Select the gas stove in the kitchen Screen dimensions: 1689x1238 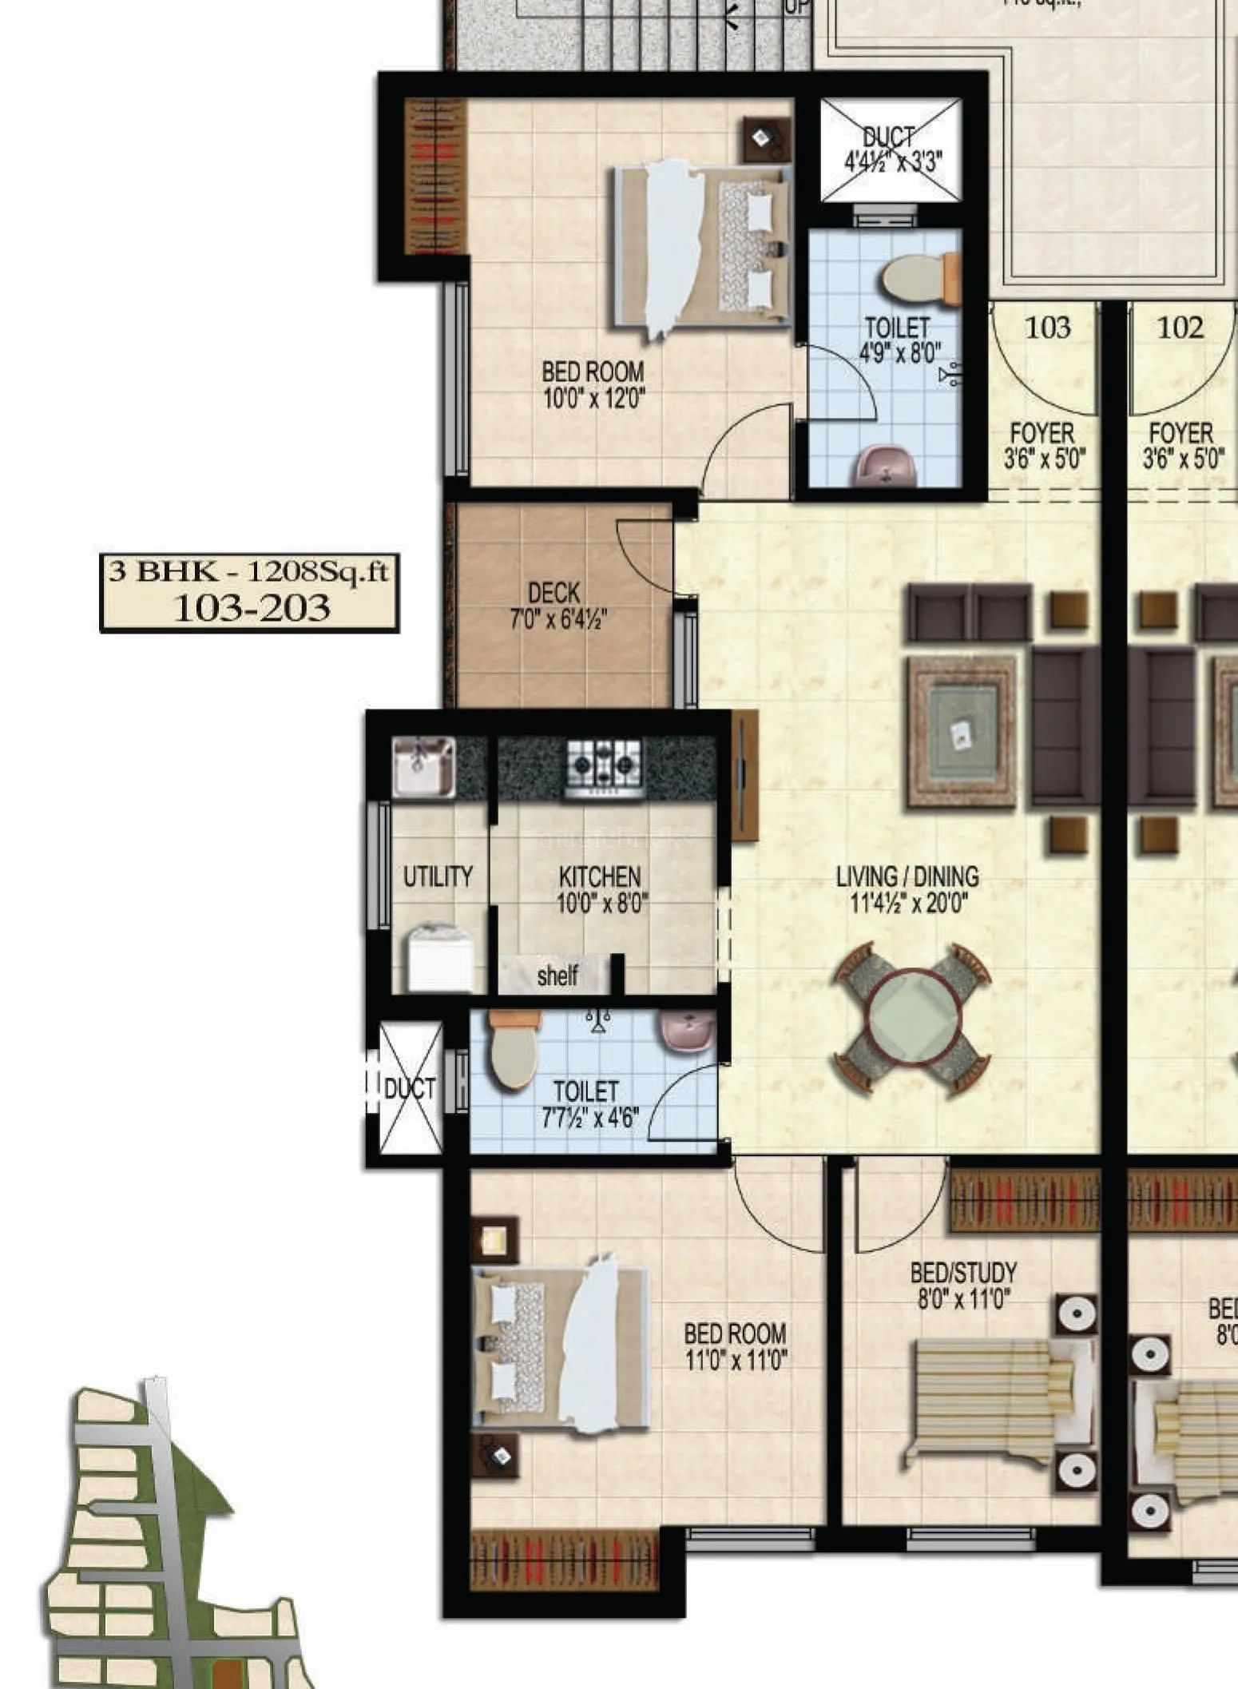604,768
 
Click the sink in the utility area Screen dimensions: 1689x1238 423,767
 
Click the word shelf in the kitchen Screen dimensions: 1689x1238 557,976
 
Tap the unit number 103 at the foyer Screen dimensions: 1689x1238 1047,327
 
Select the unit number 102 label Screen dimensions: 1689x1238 1180,327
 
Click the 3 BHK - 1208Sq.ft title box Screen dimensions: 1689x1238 249,592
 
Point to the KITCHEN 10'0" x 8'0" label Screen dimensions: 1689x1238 601,889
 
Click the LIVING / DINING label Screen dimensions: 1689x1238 907,888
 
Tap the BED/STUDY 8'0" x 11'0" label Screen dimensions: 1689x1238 963,1285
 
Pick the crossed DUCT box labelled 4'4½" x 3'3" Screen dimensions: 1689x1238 891,149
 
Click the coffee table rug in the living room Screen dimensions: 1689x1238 962,730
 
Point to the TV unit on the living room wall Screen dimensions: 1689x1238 744,775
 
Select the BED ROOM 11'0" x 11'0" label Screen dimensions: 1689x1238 735,1345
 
